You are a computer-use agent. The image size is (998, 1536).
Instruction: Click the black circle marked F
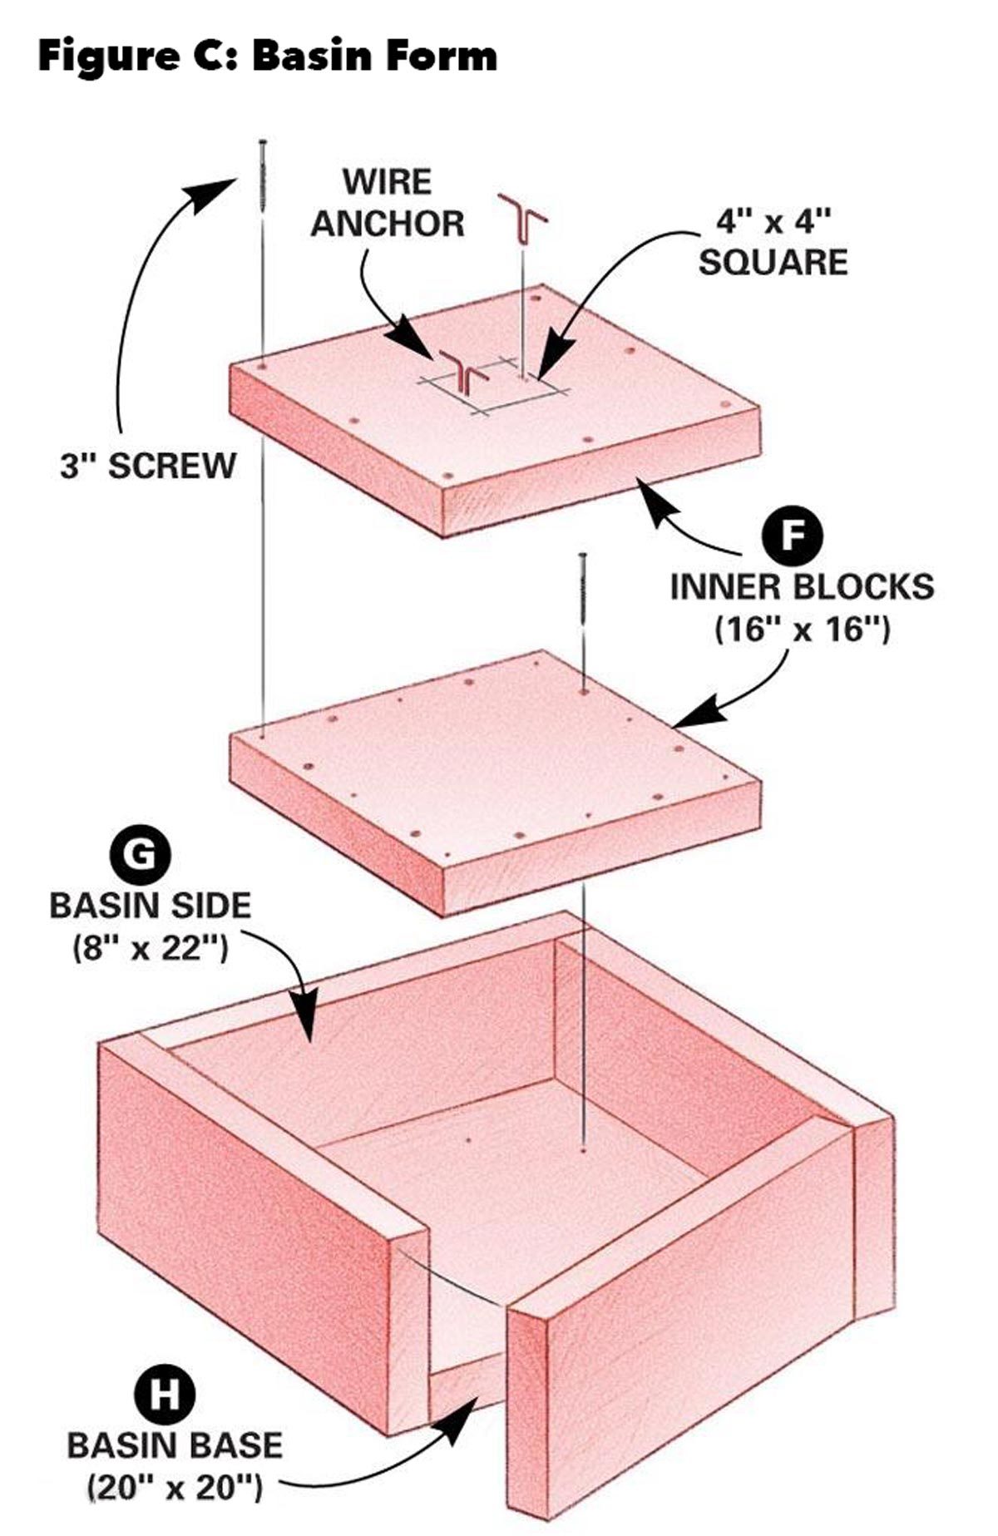tap(793, 536)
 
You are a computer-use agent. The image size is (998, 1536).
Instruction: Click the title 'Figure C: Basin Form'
tap(268, 57)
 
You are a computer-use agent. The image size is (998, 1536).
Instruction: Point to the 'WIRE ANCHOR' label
tap(388, 204)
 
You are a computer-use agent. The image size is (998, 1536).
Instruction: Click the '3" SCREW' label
tap(148, 466)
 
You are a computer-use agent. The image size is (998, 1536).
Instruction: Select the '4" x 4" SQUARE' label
tap(773, 241)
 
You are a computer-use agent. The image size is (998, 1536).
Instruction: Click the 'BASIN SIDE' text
tap(150, 905)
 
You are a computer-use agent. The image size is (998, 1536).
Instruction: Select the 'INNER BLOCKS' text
tap(802, 587)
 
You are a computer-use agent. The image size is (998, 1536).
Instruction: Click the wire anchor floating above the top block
tap(521, 219)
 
